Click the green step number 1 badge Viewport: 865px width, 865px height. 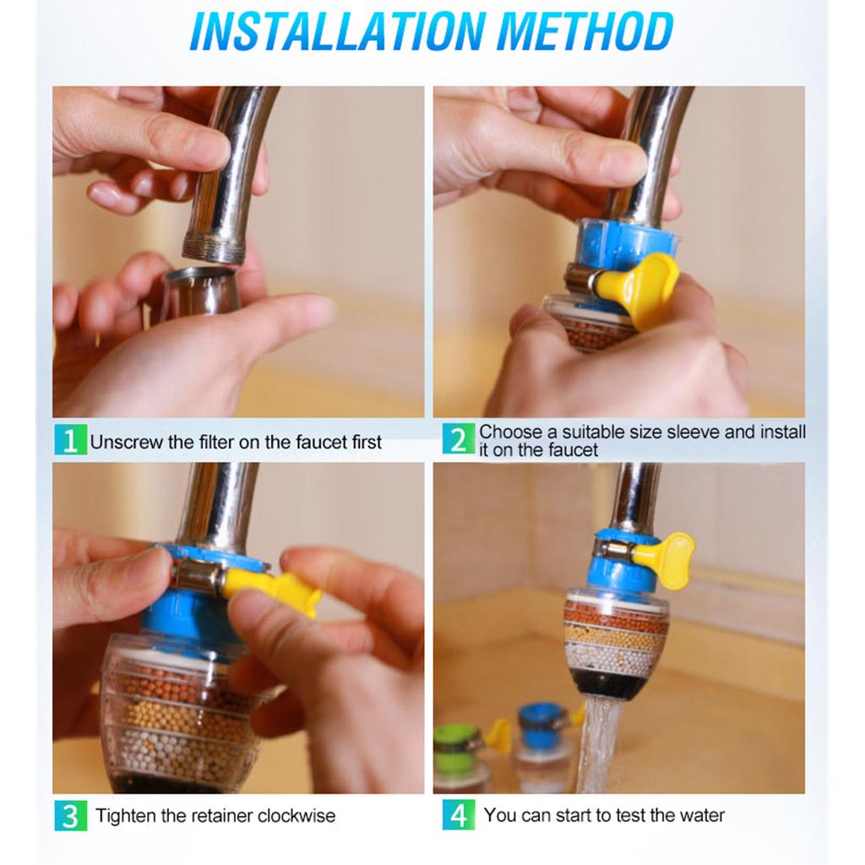(71, 439)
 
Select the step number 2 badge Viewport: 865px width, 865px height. (459, 438)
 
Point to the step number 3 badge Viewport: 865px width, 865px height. (71, 815)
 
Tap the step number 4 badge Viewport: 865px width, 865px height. (459, 815)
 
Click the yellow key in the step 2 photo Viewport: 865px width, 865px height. (641, 289)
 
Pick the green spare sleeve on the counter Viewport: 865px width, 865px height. (460, 742)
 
